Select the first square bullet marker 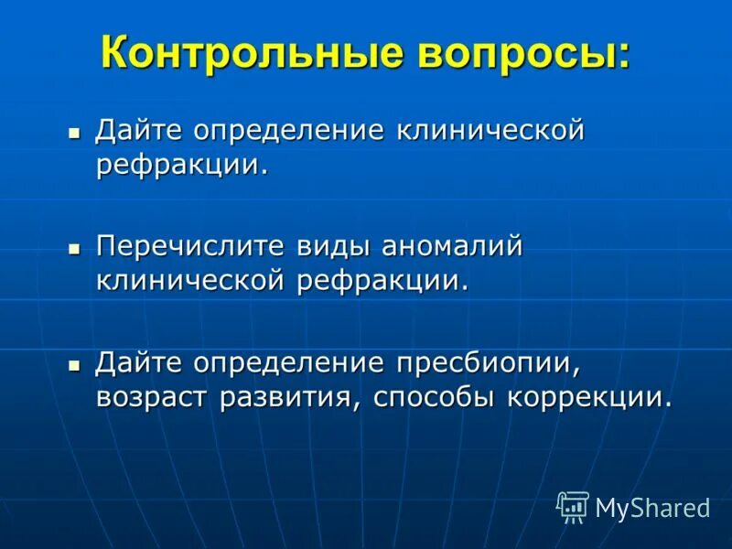click(75, 133)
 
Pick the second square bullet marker click(75, 248)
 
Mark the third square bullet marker click(75, 363)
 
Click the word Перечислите click(188, 247)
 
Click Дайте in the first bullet click(137, 132)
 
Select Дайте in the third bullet click(137, 362)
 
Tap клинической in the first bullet click(490, 132)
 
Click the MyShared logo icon click(573, 506)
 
